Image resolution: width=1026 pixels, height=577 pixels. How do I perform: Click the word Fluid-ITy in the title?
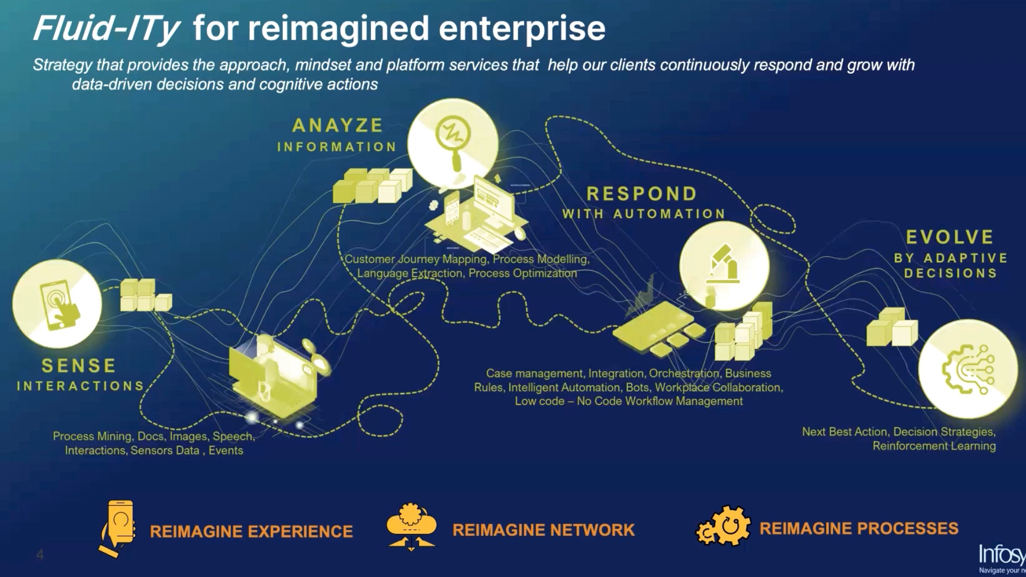[106, 29]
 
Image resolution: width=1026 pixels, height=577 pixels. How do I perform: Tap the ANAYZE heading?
[338, 126]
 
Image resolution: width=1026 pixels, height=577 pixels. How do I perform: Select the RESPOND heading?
[642, 193]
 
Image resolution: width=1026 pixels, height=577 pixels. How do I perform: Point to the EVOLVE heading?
[950, 237]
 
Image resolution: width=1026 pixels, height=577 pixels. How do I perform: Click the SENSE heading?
[79, 366]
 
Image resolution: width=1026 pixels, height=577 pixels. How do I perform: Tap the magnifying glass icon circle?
[453, 143]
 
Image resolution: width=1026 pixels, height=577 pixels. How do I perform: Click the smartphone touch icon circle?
[57, 303]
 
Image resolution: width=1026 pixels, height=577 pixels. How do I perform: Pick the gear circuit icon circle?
[968, 369]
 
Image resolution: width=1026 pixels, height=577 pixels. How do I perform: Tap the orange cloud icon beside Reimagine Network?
[411, 526]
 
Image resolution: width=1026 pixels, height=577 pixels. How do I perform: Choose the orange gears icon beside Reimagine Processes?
[724, 526]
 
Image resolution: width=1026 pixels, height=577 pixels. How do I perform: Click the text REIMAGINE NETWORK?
[543, 530]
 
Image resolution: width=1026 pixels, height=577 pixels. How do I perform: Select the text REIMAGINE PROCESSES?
[859, 528]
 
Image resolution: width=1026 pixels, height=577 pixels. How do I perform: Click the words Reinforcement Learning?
[934, 446]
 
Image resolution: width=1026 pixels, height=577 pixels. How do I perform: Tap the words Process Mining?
[92, 436]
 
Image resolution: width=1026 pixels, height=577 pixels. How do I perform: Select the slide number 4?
[40, 555]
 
